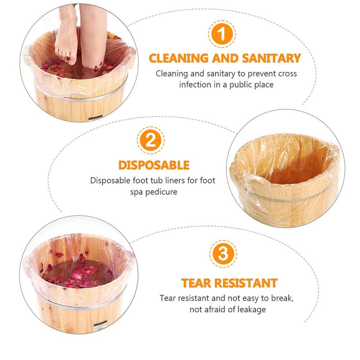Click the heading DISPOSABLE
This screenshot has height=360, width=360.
[153, 165]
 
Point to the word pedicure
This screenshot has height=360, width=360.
[159, 192]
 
